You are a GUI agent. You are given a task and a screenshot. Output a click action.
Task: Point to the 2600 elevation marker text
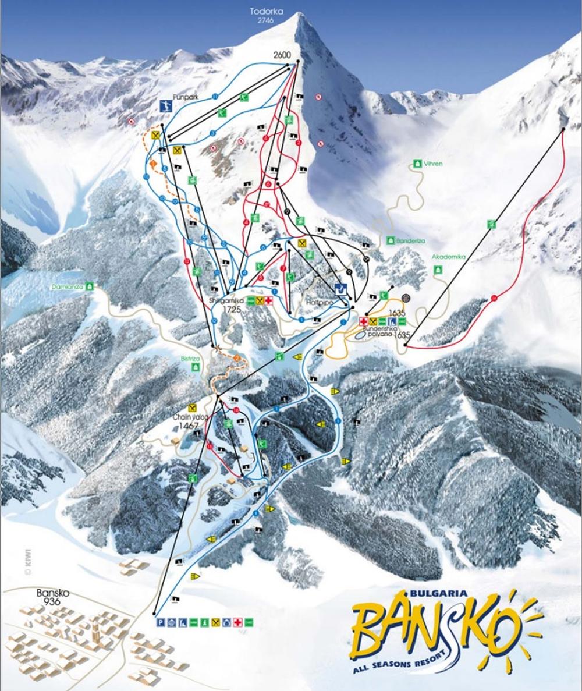281,55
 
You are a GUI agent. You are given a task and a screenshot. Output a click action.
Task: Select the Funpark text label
184,99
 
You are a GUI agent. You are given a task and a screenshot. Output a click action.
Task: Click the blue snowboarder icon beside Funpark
166,106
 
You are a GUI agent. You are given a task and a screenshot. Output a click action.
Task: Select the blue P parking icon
159,622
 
